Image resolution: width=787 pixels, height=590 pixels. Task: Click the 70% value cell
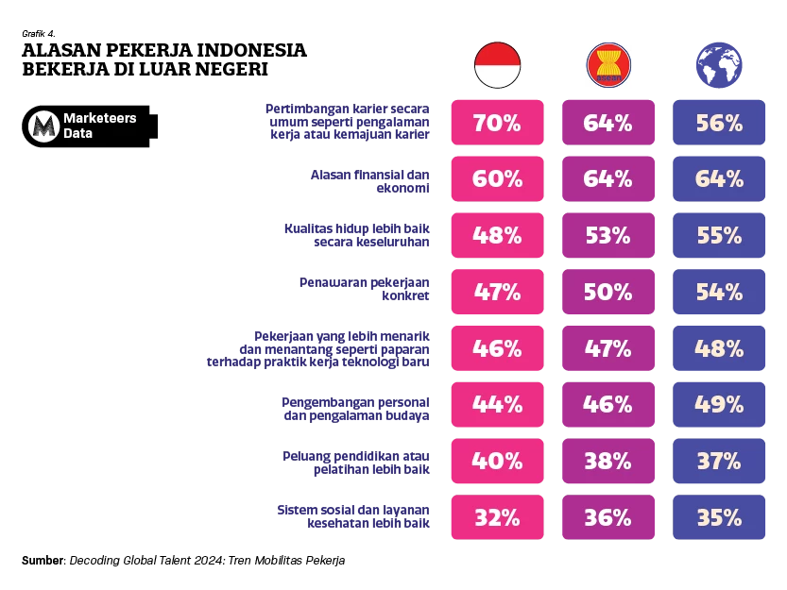(496, 124)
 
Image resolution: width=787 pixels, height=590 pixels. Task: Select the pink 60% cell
(496, 179)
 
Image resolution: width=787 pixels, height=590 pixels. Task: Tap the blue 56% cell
(719, 124)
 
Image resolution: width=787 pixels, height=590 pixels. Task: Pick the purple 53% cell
(607, 236)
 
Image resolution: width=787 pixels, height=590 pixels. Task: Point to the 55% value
(719, 236)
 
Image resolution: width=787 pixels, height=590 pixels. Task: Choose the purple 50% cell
(607, 292)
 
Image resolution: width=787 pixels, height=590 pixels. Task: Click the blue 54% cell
(719, 292)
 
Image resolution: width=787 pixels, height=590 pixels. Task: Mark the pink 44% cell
(496, 404)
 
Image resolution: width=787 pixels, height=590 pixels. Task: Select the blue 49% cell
(719, 404)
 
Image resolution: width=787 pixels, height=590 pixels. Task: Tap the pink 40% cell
(496, 461)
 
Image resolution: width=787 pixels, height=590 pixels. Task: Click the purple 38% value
(607, 461)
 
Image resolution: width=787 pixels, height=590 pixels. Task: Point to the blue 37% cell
(719, 461)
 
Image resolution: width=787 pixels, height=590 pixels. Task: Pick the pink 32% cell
(496, 517)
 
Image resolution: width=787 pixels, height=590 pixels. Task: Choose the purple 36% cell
(607, 517)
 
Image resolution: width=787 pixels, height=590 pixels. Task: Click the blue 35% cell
(719, 517)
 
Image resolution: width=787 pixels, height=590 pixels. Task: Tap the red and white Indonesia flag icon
(497, 64)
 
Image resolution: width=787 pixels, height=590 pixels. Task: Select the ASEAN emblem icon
(608, 64)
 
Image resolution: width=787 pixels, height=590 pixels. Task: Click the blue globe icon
(720, 64)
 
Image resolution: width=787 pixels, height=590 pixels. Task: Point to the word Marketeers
(99, 118)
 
